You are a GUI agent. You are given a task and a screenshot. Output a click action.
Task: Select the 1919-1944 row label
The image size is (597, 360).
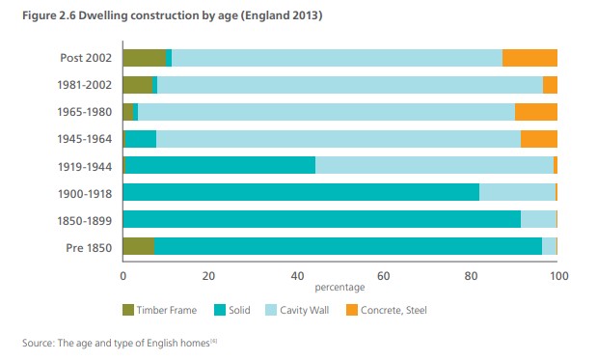click(86, 165)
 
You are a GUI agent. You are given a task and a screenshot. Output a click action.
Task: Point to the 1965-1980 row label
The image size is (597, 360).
click(86, 112)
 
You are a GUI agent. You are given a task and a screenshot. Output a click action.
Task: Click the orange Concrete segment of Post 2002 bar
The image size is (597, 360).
click(529, 58)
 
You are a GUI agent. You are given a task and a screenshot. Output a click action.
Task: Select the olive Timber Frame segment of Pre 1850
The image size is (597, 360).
click(138, 247)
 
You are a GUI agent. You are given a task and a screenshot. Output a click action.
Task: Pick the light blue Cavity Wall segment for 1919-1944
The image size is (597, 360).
click(434, 165)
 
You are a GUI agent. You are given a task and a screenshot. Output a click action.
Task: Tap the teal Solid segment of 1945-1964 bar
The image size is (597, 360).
click(141, 139)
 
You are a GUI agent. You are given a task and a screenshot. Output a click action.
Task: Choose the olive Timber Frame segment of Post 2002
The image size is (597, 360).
click(144, 58)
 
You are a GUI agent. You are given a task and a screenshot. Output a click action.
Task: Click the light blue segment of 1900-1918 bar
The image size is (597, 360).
click(517, 193)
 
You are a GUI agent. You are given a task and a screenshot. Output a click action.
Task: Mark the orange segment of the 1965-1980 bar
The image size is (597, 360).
click(535, 112)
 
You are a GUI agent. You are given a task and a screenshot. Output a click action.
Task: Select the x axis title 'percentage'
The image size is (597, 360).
click(339, 287)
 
